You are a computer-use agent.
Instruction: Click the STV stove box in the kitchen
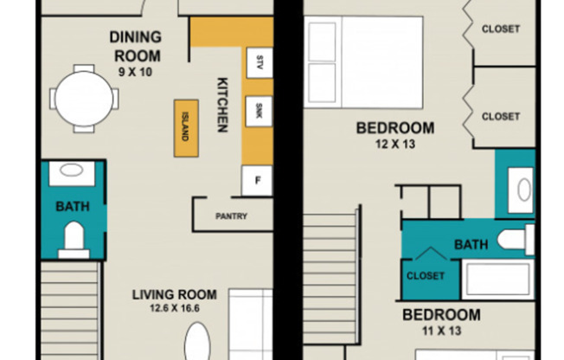click(x=259, y=63)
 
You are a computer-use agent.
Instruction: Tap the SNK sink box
click(x=259, y=112)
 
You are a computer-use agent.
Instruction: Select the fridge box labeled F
click(x=257, y=181)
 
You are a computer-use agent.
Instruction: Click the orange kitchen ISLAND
click(x=186, y=128)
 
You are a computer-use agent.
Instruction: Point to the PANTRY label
click(x=231, y=216)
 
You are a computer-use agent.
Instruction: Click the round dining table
click(x=84, y=99)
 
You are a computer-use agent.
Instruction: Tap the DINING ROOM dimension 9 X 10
click(x=135, y=72)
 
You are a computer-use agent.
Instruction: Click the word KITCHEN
click(x=222, y=105)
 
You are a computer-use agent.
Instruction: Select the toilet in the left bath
click(x=74, y=240)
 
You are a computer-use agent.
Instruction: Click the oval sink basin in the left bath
click(x=71, y=170)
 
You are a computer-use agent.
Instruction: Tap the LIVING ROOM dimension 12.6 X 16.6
click(x=175, y=308)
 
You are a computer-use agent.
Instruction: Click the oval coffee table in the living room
click(x=197, y=341)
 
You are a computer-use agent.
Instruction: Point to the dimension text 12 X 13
click(x=395, y=144)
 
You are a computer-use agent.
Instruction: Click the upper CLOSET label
click(x=501, y=29)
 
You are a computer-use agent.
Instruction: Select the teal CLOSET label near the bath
click(x=426, y=276)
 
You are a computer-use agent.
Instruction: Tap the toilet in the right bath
click(x=516, y=240)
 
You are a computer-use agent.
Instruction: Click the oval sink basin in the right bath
click(x=524, y=190)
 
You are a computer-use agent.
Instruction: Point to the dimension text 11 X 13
click(x=441, y=331)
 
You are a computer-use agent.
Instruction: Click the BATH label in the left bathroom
click(x=73, y=206)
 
